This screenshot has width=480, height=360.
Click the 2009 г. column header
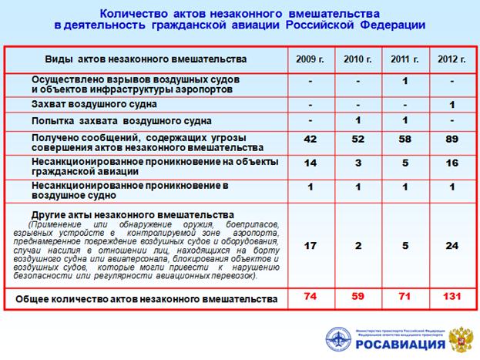click(310, 59)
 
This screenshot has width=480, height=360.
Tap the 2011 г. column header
click(404, 59)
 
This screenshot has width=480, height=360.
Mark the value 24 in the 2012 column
click(451, 247)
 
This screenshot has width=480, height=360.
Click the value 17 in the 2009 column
click(310, 247)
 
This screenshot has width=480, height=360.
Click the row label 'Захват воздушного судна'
click(95, 103)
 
